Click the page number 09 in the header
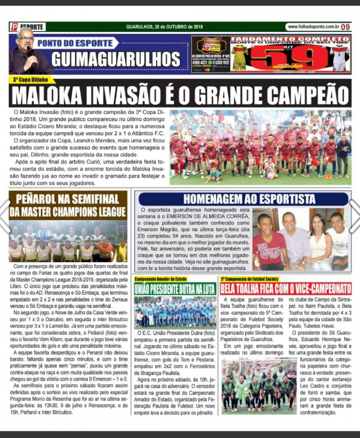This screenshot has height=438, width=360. tap(345, 27)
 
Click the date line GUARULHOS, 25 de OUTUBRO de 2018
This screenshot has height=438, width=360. tap(165, 27)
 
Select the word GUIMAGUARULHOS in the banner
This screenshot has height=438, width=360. tap(116, 59)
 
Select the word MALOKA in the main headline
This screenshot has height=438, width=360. tap(50, 95)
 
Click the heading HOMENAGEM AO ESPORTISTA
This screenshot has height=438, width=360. tap(243, 199)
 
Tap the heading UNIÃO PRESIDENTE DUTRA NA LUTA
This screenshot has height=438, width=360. tap(175, 288)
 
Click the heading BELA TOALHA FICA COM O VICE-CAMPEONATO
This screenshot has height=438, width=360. tap(286, 288)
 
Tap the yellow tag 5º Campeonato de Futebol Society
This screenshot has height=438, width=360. tap(250, 279)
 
